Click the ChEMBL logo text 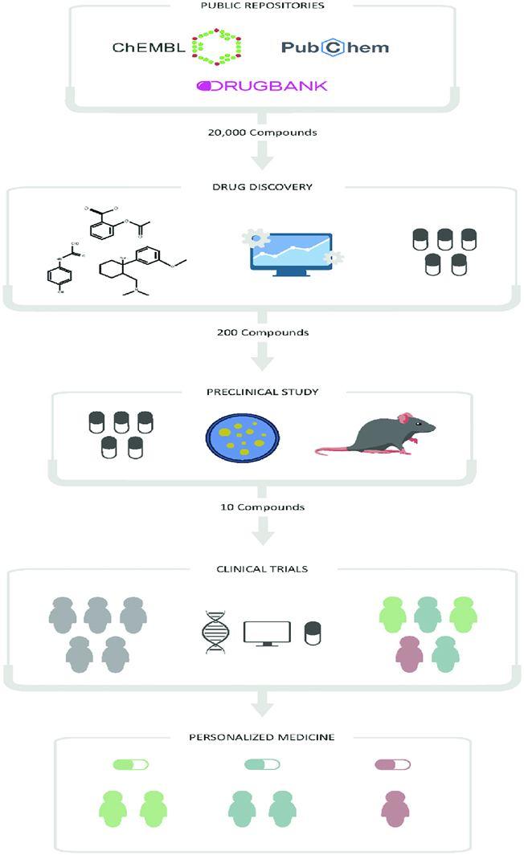(149, 47)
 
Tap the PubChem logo (334, 47)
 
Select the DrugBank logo (262, 86)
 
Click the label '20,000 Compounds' (262, 132)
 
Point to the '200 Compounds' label (262, 332)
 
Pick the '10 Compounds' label (262, 507)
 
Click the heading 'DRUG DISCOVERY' (262, 187)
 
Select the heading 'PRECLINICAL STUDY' (262, 392)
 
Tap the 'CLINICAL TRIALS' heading (262, 569)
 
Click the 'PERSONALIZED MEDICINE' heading (262, 737)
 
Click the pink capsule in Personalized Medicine (392, 764)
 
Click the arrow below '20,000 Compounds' (262, 156)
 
